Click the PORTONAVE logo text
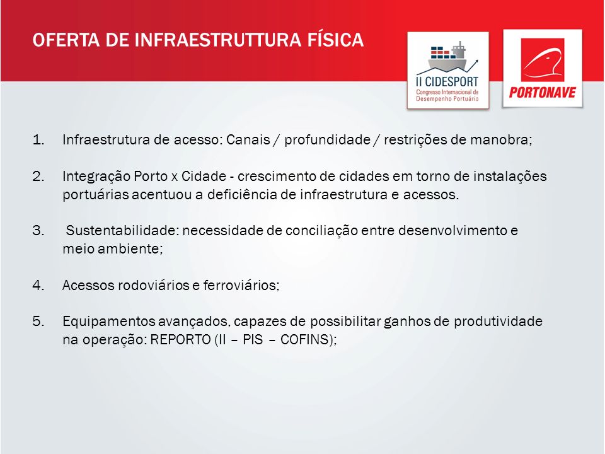[x=542, y=93]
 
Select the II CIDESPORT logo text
[x=447, y=81]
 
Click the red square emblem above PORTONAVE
[x=543, y=60]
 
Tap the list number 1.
[x=38, y=140]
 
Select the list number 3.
[x=38, y=231]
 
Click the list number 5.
[x=38, y=321]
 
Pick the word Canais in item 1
[x=248, y=139]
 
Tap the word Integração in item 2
[x=96, y=177]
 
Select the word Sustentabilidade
[x=121, y=231]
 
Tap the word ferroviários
[x=239, y=285]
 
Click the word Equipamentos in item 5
[x=108, y=322]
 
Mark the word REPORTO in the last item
[x=180, y=339]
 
